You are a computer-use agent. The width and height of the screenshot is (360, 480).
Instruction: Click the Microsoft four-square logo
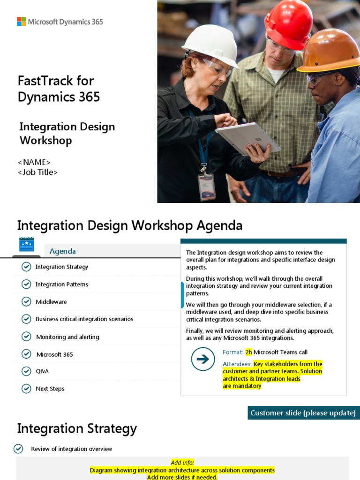point(22,22)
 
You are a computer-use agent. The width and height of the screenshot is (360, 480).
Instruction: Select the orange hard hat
point(331,51)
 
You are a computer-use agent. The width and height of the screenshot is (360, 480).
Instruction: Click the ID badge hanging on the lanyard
point(206,186)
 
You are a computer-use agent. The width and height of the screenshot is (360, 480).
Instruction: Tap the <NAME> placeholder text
point(34,162)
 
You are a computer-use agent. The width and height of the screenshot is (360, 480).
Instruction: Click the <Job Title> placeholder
point(38,172)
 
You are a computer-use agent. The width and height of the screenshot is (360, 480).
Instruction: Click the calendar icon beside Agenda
point(26,244)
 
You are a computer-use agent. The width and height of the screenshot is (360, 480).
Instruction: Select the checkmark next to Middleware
point(26,301)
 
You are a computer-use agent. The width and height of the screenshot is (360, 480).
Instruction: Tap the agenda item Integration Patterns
point(61,285)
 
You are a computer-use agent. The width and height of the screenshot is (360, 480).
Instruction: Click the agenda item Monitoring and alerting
point(67,337)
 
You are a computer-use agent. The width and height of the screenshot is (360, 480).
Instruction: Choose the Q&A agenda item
point(42,371)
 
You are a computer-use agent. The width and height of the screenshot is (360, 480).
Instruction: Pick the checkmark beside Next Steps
point(26,389)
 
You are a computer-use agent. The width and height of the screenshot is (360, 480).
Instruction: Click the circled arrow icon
point(203,359)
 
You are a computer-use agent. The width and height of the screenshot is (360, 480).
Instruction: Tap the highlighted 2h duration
point(248,352)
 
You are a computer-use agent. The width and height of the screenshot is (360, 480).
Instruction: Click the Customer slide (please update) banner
point(303,413)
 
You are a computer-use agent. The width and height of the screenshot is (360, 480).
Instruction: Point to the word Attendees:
point(237,364)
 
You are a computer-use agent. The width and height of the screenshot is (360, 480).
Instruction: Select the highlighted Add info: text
point(182,463)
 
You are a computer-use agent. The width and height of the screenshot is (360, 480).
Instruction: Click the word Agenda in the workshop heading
point(219,226)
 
